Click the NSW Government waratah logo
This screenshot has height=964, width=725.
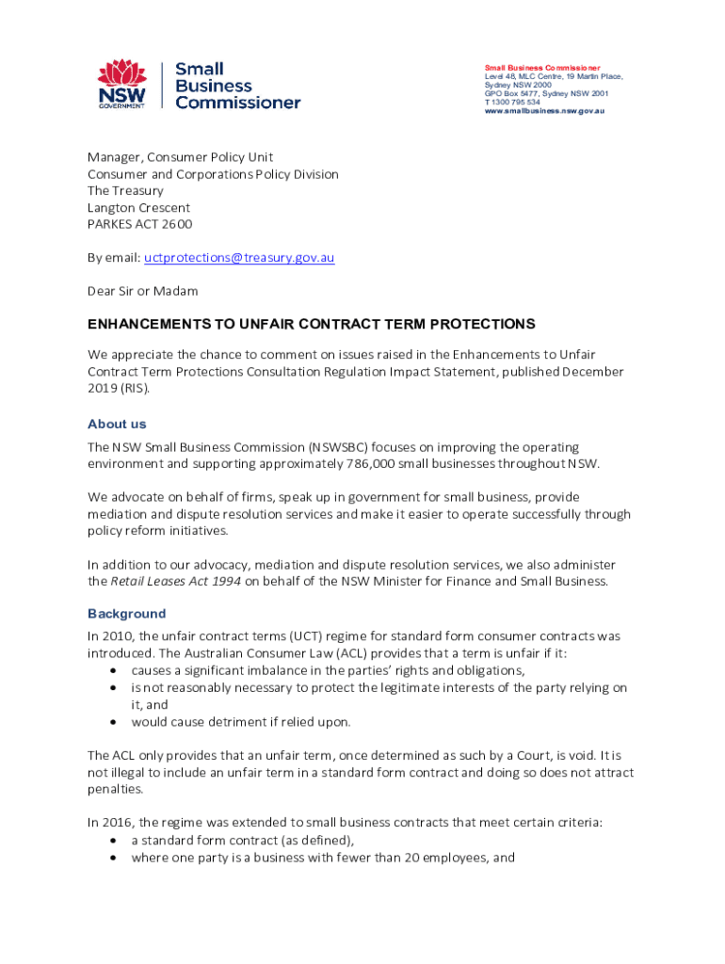(122, 83)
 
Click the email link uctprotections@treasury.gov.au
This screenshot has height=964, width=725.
(239, 257)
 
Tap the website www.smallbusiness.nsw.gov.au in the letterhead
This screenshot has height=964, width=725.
(544, 111)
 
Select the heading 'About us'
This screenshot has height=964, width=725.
(117, 424)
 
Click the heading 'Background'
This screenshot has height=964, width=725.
(126, 613)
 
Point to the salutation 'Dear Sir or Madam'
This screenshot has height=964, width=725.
(143, 291)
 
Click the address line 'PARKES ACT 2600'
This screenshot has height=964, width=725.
(139, 224)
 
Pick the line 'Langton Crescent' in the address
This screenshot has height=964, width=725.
(138, 207)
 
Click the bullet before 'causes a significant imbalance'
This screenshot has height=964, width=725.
(113, 670)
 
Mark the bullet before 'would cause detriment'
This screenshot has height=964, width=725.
(113, 722)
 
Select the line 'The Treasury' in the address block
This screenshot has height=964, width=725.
(125, 190)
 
